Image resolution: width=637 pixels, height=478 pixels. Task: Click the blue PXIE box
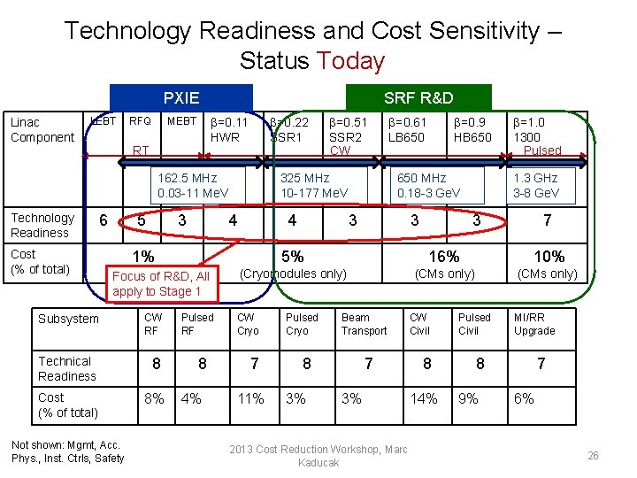(x=180, y=98)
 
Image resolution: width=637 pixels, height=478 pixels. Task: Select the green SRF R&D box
(x=418, y=98)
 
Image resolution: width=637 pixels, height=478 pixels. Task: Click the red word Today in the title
(x=350, y=61)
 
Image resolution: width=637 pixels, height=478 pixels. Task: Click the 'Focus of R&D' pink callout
(x=160, y=283)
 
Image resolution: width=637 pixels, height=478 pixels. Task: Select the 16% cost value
(x=443, y=257)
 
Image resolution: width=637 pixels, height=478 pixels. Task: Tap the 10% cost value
(x=548, y=257)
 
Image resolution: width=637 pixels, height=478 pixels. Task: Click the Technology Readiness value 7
(x=547, y=220)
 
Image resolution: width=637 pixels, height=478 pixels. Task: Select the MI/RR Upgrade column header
(x=534, y=324)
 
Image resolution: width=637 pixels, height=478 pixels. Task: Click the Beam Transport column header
(x=364, y=324)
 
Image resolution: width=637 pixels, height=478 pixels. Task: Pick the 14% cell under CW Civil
(x=423, y=398)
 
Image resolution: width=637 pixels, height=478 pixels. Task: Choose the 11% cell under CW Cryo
(x=250, y=398)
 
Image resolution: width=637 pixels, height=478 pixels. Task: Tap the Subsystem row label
(x=68, y=319)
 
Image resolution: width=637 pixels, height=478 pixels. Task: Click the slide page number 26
(x=593, y=456)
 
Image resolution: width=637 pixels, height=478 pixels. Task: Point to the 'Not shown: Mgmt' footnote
(x=68, y=451)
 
